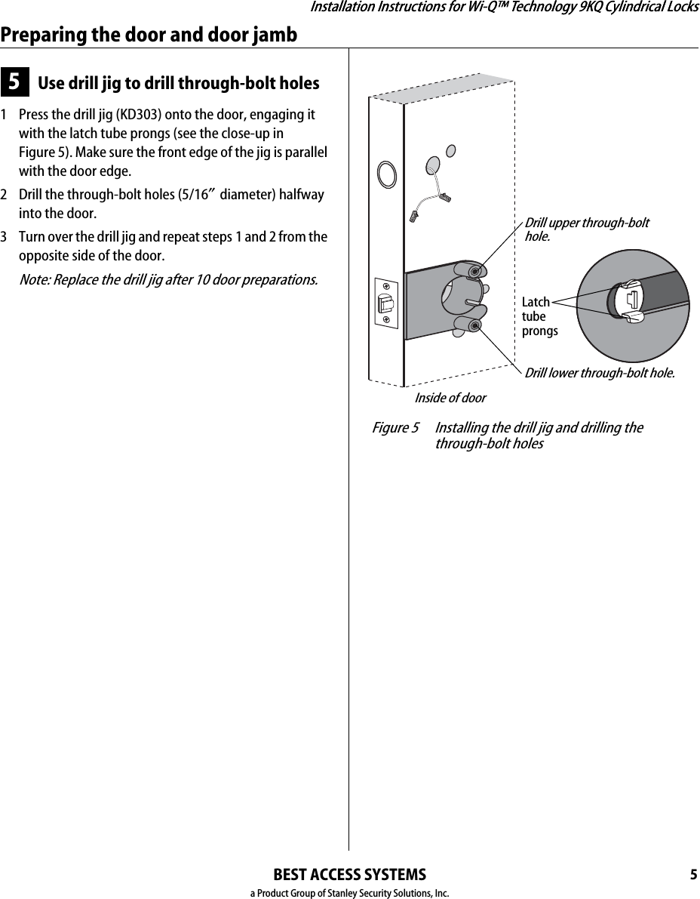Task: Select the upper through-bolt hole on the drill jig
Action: click(474, 271)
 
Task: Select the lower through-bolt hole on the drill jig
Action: click(474, 325)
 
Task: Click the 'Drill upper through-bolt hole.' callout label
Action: click(586, 229)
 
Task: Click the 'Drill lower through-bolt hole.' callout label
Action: click(599, 372)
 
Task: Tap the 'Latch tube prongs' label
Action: click(539, 316)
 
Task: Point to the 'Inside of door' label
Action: click(450, 397)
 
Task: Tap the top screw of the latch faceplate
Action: click(385, 286)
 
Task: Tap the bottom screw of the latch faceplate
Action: click(385, 322)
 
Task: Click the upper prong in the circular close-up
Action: click(628, 285)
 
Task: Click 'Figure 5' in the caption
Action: click(395, 428)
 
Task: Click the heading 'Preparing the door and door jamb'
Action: click(149, 35)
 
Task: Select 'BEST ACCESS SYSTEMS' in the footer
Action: click(349, 875)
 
